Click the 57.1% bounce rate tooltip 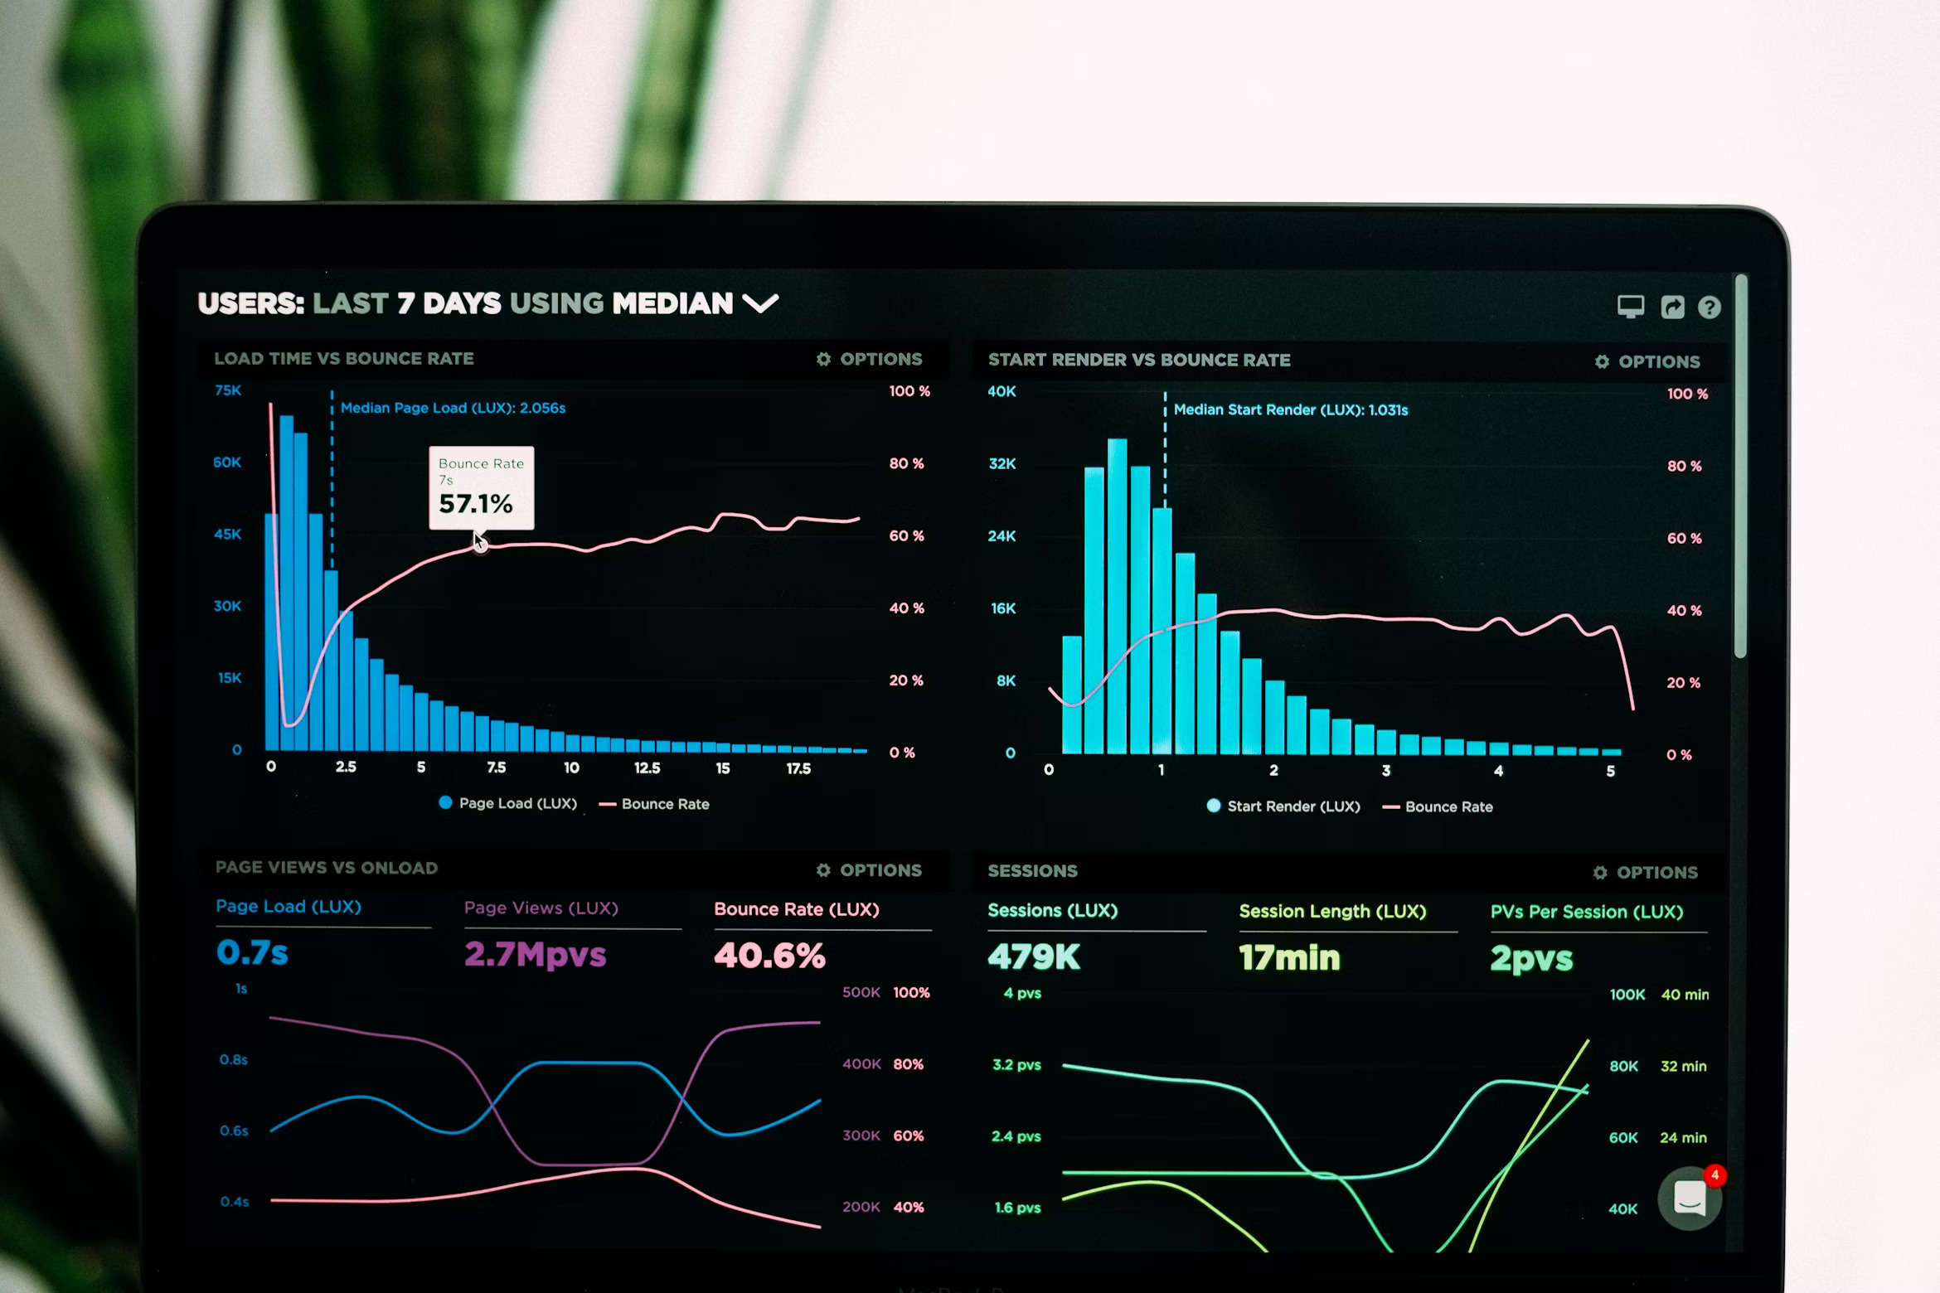481,488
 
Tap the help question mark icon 1709,308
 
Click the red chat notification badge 1714,1175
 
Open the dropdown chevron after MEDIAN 760,303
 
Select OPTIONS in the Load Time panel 870,359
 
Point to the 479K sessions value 1034,957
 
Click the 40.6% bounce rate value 769,956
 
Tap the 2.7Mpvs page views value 536,955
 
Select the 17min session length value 1289,958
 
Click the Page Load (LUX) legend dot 445,802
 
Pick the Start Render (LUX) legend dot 1214,806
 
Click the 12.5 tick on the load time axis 647,768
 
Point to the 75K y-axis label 228,390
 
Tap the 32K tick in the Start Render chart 1002,463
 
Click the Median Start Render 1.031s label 1290,409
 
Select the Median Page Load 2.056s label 453,408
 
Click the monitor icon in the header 1631,307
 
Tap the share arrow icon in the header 1672,308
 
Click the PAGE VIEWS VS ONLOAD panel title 327,868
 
